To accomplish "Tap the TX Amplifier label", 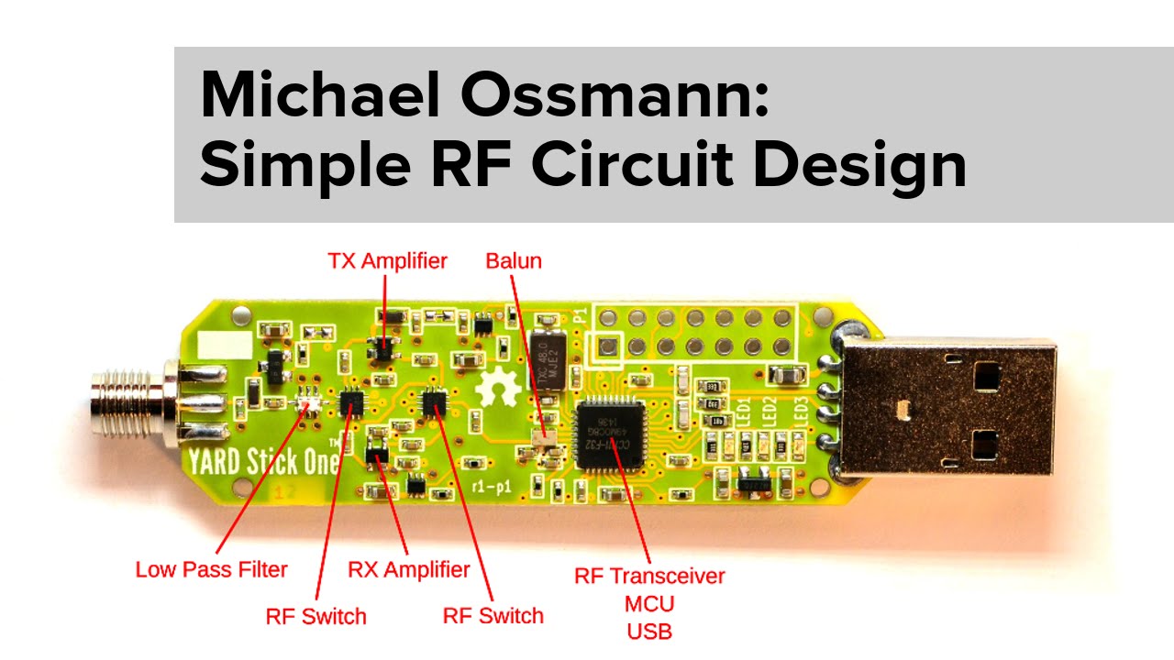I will point(387,261).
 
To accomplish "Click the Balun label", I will point(514,261).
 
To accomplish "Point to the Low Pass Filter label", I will point(211,569).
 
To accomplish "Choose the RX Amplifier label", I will point(408,569).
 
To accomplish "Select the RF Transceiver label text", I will point(649,577).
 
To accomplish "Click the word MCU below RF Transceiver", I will point(649,604).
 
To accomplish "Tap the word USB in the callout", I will point(649,632).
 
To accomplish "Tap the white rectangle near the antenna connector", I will point(219,345).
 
